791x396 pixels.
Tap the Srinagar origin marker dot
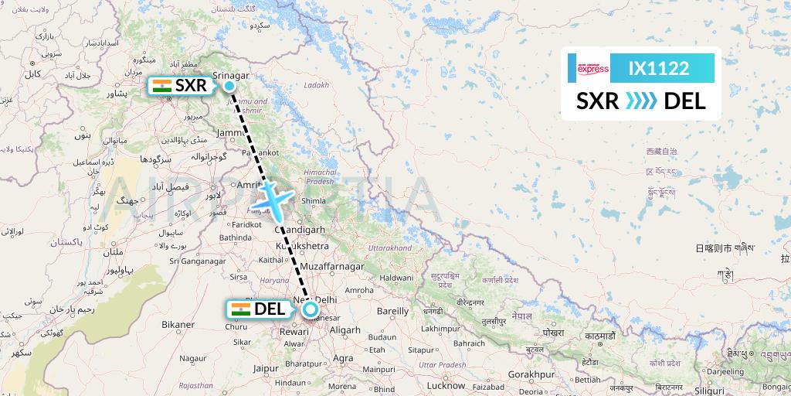click(230, 86)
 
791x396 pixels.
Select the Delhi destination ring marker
click(311, 310)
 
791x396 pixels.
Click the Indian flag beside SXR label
click(161, 86)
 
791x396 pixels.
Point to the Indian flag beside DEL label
click(240, 309)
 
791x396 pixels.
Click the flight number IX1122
click(658, 68)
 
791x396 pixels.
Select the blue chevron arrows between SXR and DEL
click(640, 101)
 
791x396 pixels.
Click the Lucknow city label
click(446, 384)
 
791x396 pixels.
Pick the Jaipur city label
click(265, 369)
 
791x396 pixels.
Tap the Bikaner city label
click(178, 324)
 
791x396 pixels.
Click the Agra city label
click(344, 358)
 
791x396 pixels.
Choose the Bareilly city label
click(392, 311)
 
